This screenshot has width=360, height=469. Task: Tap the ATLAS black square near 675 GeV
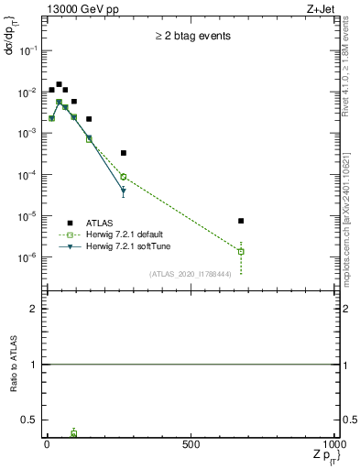pos(240,221)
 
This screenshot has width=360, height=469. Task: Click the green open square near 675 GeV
pos(240,251)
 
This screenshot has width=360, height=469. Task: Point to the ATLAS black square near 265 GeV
pos(123,153)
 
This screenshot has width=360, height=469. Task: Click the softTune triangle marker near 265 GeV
pos(123,191)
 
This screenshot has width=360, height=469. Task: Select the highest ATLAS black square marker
pos(59,84)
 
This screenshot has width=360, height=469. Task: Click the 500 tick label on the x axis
pos(191,444)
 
